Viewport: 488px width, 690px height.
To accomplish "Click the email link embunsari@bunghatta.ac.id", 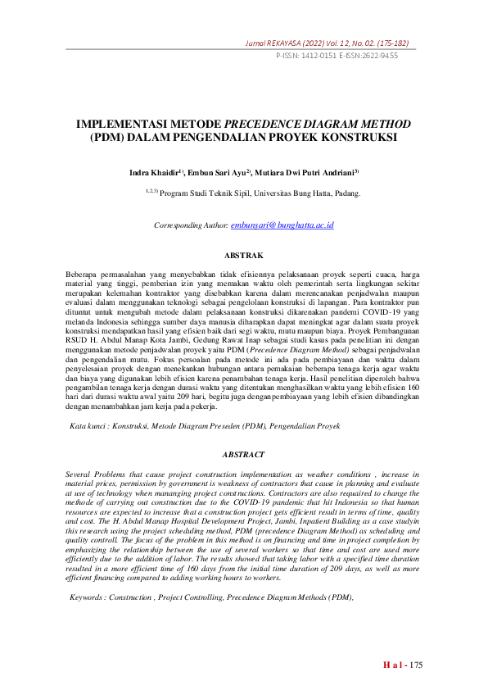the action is (x=282, y=225).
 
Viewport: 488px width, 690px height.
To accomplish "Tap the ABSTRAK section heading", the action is (x=243, y=256).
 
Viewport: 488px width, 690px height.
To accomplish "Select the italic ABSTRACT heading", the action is (x=243, y=454).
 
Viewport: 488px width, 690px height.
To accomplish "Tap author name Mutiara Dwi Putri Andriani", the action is (x=310, y=174).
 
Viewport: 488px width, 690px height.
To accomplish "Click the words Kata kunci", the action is (x=88, y=426).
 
